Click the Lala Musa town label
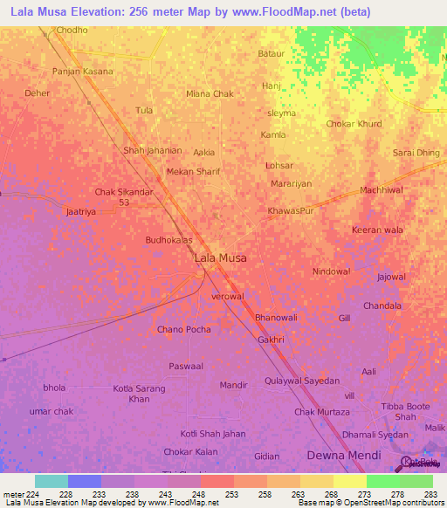(220, 258)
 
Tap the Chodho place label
(72, 30)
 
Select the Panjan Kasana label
(83, 72)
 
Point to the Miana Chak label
(210, 93)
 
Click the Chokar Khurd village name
(354, 124)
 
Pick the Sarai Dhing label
(416, 153)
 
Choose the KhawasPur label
(291, 211)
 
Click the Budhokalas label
(168, 238)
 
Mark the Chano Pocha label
(183, 329)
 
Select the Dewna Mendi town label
(343, 456)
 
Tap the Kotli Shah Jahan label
(213, 434)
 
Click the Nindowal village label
(331, 271)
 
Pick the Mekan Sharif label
(192, 172)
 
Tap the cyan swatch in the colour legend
(52, 481)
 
